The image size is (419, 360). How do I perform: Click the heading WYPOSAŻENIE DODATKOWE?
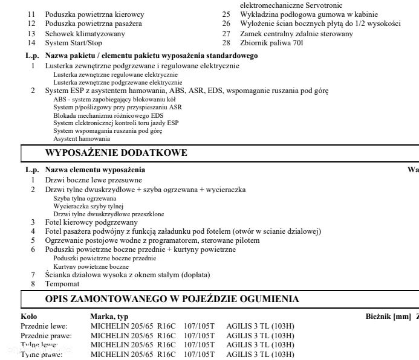click(116, 153)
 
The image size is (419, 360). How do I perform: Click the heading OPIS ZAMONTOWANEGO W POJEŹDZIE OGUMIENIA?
click(172, 299)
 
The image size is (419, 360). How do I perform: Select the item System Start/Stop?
click(73, 43)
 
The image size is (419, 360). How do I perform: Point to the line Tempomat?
click(62, 283)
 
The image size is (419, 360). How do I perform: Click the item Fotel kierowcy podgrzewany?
click(91, 222)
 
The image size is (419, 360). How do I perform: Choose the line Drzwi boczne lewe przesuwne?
click(94, 180)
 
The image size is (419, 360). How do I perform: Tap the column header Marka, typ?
click(109, 317)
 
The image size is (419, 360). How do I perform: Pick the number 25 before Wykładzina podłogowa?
click(226, 14)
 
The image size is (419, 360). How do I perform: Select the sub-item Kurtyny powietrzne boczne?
click(91, 266)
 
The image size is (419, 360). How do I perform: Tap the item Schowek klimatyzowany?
click(85, 34)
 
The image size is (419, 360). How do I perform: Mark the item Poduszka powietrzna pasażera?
click(94, 24)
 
